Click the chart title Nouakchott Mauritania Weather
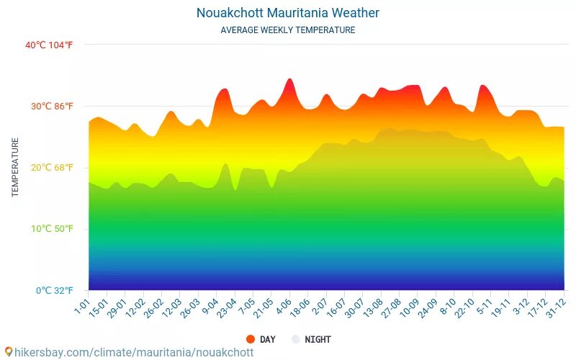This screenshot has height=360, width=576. click(287, 13)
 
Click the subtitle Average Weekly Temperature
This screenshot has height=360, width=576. click(287, 30)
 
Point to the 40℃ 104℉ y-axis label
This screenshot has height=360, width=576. click(49, 45)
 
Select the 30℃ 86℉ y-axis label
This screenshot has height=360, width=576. click(51, 107)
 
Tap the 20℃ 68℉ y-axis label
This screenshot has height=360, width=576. click(51, 168)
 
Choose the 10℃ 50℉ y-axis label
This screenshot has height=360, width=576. click(51, 229)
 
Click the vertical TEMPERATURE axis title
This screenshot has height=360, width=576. click(15, 167)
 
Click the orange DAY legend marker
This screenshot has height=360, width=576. click(251, 339)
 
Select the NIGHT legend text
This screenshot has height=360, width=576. click(318, 339)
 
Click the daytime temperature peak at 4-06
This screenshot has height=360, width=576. click(289, 79)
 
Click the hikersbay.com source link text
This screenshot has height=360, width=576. click(134, 352)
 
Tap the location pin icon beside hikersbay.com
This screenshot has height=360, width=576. click(9, 351)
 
